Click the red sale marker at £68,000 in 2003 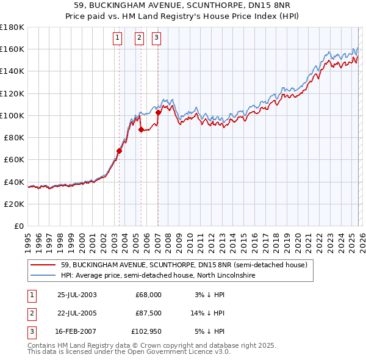click(120, 151)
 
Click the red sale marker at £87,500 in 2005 click(141, 129)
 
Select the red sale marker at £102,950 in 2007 click(158, 112)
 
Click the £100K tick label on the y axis click(12, 115)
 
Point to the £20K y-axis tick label click(14, 204)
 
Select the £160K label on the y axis click(12, 49)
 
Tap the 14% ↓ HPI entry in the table click(208, 313)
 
